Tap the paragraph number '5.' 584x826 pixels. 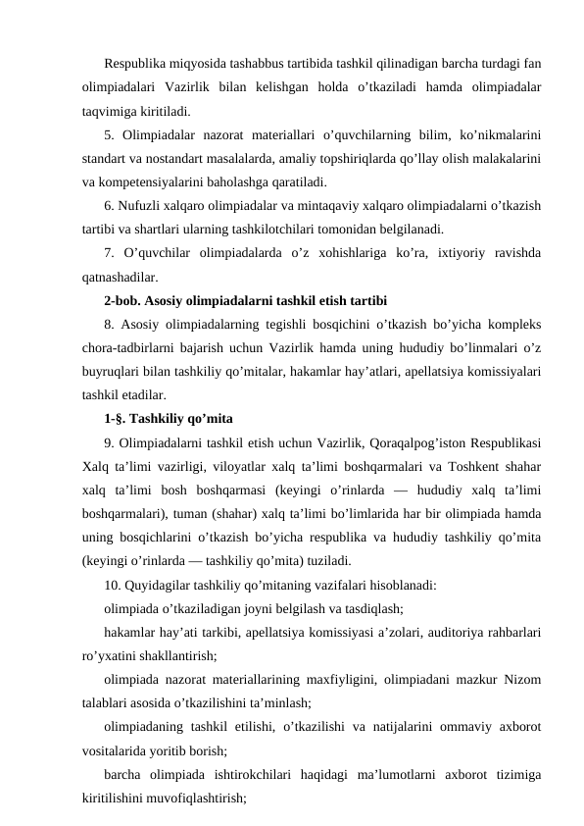coord(109,133)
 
